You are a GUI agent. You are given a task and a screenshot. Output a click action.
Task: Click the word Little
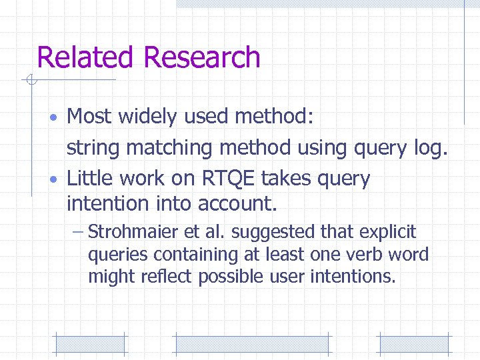(89, 179)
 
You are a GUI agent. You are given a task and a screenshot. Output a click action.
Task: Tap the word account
(237, 202)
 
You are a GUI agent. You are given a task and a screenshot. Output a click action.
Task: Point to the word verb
(357, 255)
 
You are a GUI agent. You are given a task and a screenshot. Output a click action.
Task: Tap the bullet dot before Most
(57, 118)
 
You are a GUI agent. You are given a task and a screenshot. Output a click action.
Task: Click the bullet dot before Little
(57, 180)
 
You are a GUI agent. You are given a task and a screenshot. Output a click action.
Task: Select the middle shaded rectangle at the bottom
(251, 343)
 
